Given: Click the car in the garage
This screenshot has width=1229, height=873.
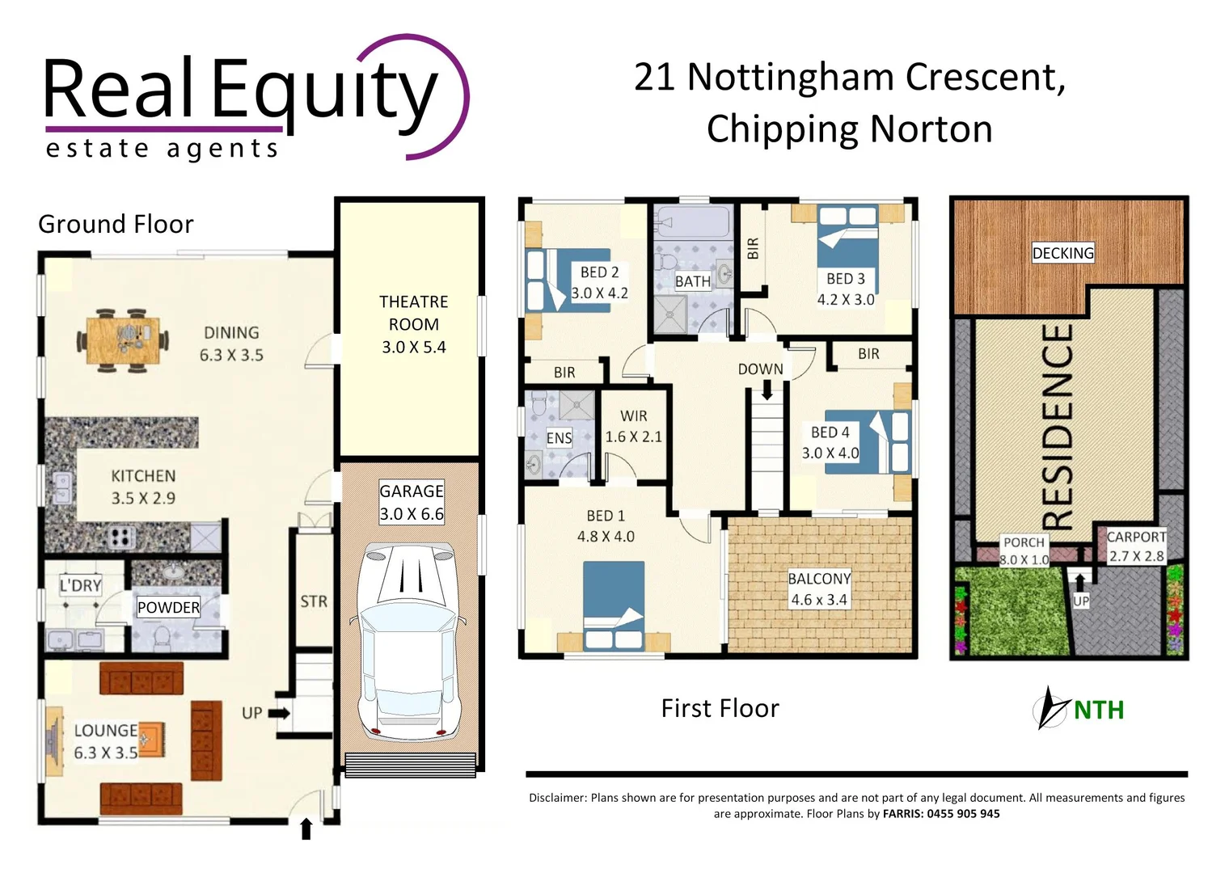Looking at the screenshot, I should (x=410, y=639).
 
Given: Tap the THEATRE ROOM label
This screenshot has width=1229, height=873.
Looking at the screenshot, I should (x=413, y=313).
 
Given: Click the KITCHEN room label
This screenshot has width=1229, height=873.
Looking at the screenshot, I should (x=143, y=476).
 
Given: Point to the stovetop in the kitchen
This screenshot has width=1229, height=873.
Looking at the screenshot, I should (x=121, y=537).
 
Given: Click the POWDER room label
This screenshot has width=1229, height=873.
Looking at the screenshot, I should (x=168, y=608).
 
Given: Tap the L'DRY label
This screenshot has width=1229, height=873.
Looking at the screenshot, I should (x=81, y=585).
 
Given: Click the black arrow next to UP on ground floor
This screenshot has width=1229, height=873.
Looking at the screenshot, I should (x=279, y=714).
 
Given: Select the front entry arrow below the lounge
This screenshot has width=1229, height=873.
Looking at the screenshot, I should (x=306, y=829).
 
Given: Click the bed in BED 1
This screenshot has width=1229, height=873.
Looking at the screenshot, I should (x=614, y=605).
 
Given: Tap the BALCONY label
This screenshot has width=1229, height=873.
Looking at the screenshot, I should (x=819, y=579).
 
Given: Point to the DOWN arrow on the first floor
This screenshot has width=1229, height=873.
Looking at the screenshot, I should (x=766, y=390).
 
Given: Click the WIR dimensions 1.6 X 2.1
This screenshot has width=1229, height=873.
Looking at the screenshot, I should (x=633, y=436).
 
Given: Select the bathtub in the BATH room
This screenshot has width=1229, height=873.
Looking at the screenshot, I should (x=693, y=221).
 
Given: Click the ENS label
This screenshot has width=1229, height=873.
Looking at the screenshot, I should (x=559, y=438).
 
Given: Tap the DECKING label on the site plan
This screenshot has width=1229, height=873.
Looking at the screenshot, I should (x=1062, y=253).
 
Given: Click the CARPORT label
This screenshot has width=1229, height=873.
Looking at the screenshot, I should (x=1136, y=537).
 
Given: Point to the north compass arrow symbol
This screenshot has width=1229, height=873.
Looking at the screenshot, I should (x=1052, y=708).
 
